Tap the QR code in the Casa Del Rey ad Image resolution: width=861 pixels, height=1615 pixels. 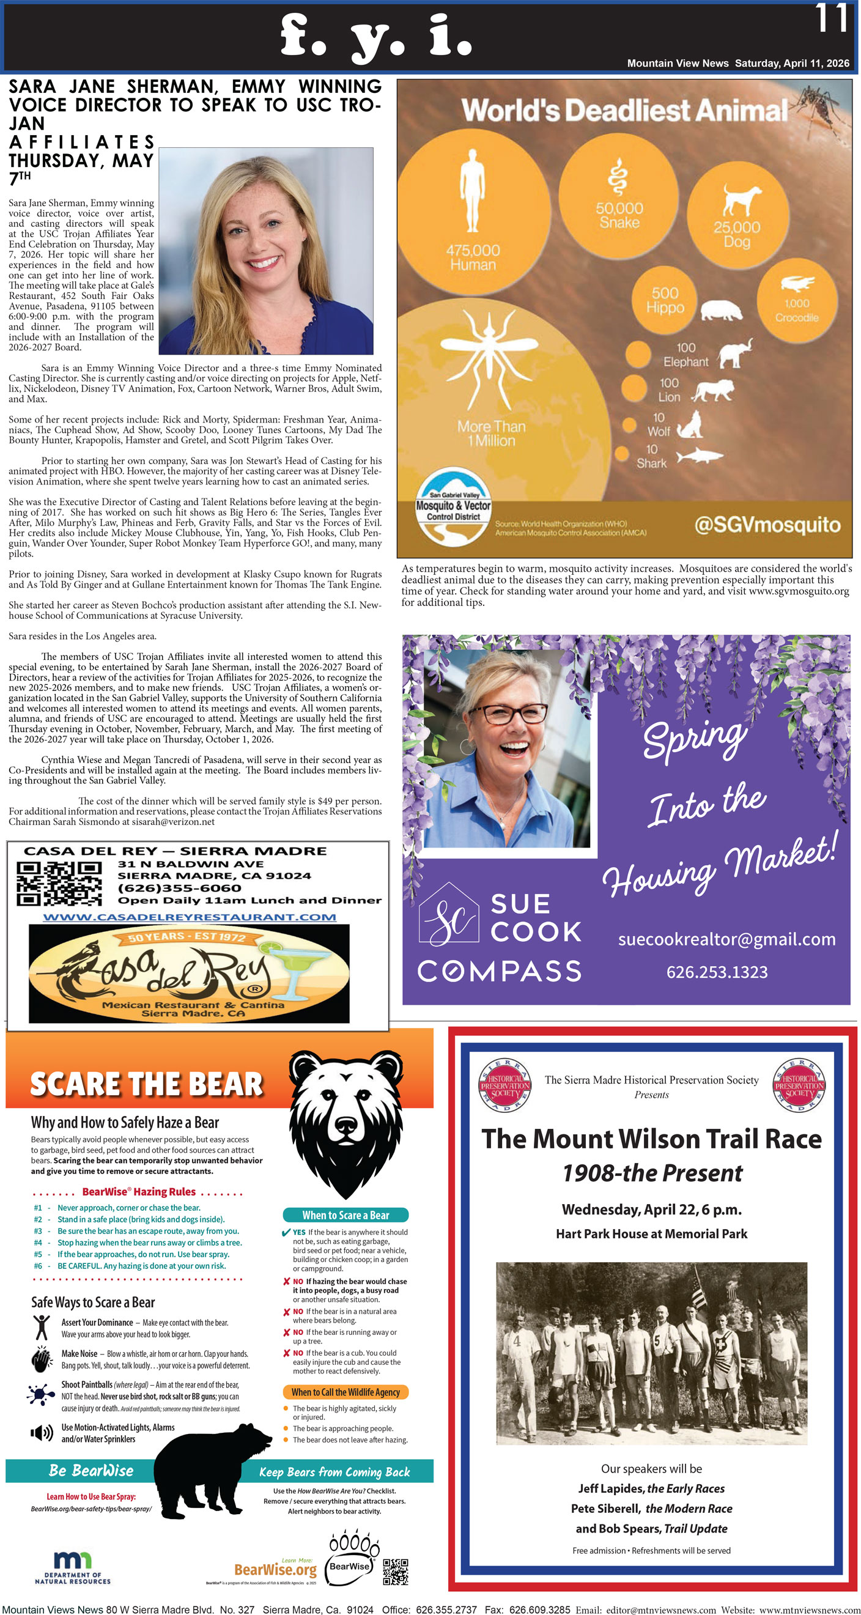coord(59,883)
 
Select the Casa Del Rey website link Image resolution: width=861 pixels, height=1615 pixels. coord(190,917)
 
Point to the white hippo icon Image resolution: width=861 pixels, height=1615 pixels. coord(721,309)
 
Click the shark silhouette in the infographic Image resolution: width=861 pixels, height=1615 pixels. coord(699,456)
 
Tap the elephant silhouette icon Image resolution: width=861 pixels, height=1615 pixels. coord(735,353)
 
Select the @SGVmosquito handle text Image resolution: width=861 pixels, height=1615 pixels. coord(767,524)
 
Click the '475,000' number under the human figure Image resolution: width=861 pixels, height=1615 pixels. coord(473,250)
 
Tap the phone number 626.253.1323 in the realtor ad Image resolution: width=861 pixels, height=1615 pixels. coord(717,972)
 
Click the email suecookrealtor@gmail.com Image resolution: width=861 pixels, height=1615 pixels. coord(726,939)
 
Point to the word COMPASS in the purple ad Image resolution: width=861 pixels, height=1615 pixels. coord(499,971)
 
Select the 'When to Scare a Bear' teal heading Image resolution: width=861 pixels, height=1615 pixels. coord(346,1215)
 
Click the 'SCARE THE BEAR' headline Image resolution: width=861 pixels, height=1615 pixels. coord(146,1084)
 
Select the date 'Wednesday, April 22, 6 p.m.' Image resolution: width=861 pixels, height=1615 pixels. coord(651,1210)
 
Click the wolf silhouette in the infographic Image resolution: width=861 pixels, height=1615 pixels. coord(690,424)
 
